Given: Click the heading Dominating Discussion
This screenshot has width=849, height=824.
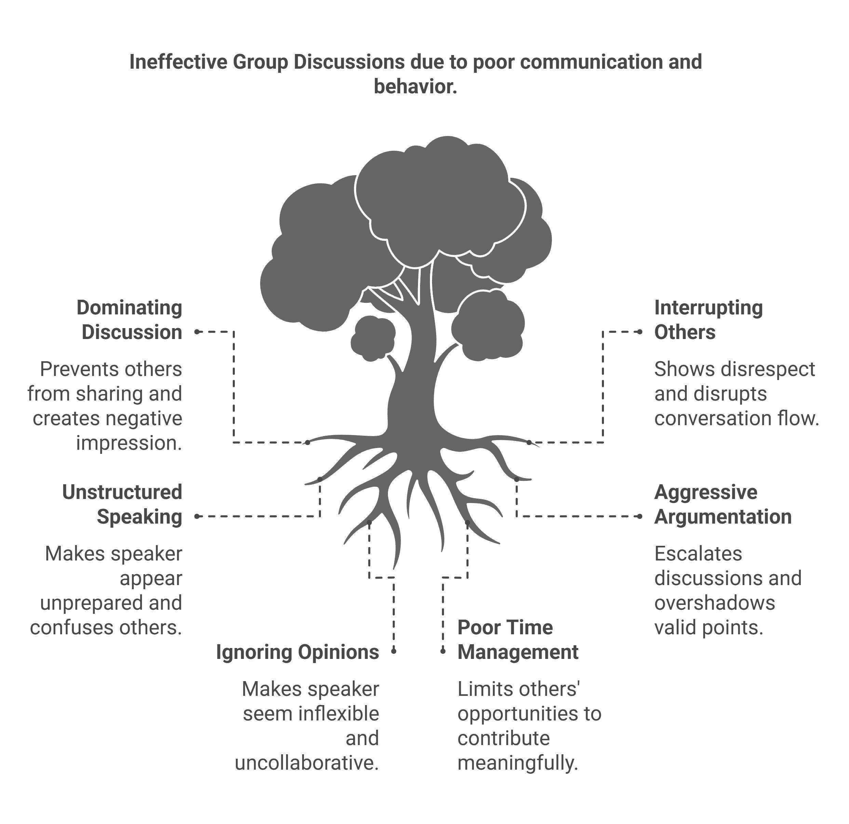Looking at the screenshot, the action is click(x=130, y=320).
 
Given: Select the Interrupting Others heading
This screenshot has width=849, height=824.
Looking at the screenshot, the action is click(x=708, y=320).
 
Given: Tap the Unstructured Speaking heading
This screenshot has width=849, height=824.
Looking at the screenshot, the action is click(x=122, y=504).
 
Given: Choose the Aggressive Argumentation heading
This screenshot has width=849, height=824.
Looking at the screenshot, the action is click(x=723, y=504).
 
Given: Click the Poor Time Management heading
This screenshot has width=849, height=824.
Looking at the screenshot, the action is click(x=517, y=640).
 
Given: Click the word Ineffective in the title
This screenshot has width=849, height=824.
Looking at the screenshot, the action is click(x=178, y=62).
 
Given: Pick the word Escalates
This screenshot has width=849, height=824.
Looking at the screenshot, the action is click(x=698, y=554).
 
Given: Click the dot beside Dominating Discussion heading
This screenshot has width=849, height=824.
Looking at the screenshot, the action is click(x=197, y=332).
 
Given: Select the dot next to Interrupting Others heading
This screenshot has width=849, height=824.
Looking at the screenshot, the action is click(x=640, y=332).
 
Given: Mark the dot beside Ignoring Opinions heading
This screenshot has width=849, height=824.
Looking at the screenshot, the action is click(x=394, y=651).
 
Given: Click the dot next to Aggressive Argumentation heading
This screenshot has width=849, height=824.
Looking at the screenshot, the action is click(x=640, y=516).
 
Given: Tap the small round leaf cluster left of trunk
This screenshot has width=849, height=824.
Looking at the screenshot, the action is click(x=373, y=338).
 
